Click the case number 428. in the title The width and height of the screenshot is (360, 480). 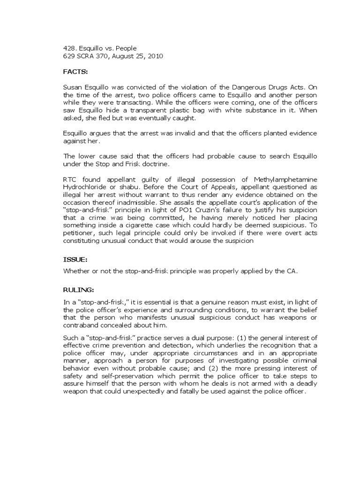coord(69,48)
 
